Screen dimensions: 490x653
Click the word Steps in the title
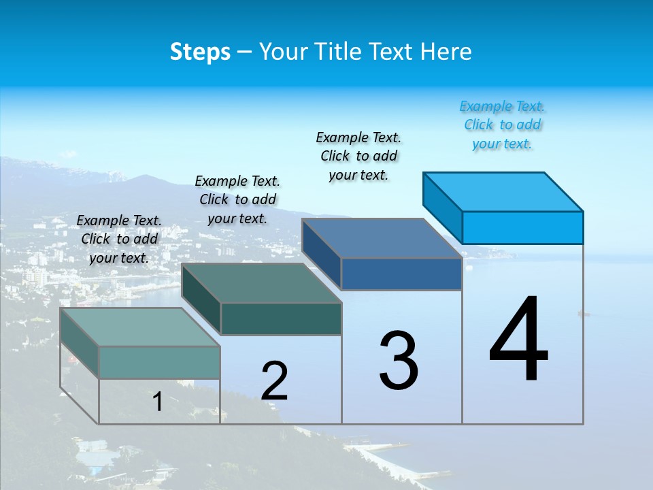point(200,52)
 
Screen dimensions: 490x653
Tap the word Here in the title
point(446,52)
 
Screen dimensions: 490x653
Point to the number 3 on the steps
point(399,360)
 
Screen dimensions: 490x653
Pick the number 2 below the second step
point(274,381)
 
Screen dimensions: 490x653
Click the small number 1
point(157,402)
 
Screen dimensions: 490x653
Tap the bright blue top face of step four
point(503,191)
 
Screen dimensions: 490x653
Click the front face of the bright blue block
point(522,227)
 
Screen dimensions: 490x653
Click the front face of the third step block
point(401,274)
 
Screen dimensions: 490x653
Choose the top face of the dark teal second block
point(261,283)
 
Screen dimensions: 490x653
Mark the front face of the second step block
point(281,318)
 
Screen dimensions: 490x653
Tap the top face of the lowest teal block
point(140,327)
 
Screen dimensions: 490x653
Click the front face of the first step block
point(159,362)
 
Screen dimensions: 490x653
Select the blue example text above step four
point(502,125)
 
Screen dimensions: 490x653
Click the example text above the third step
point(358,157)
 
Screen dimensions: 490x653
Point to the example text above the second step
point(237,199)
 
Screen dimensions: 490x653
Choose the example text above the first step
point(119,239)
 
